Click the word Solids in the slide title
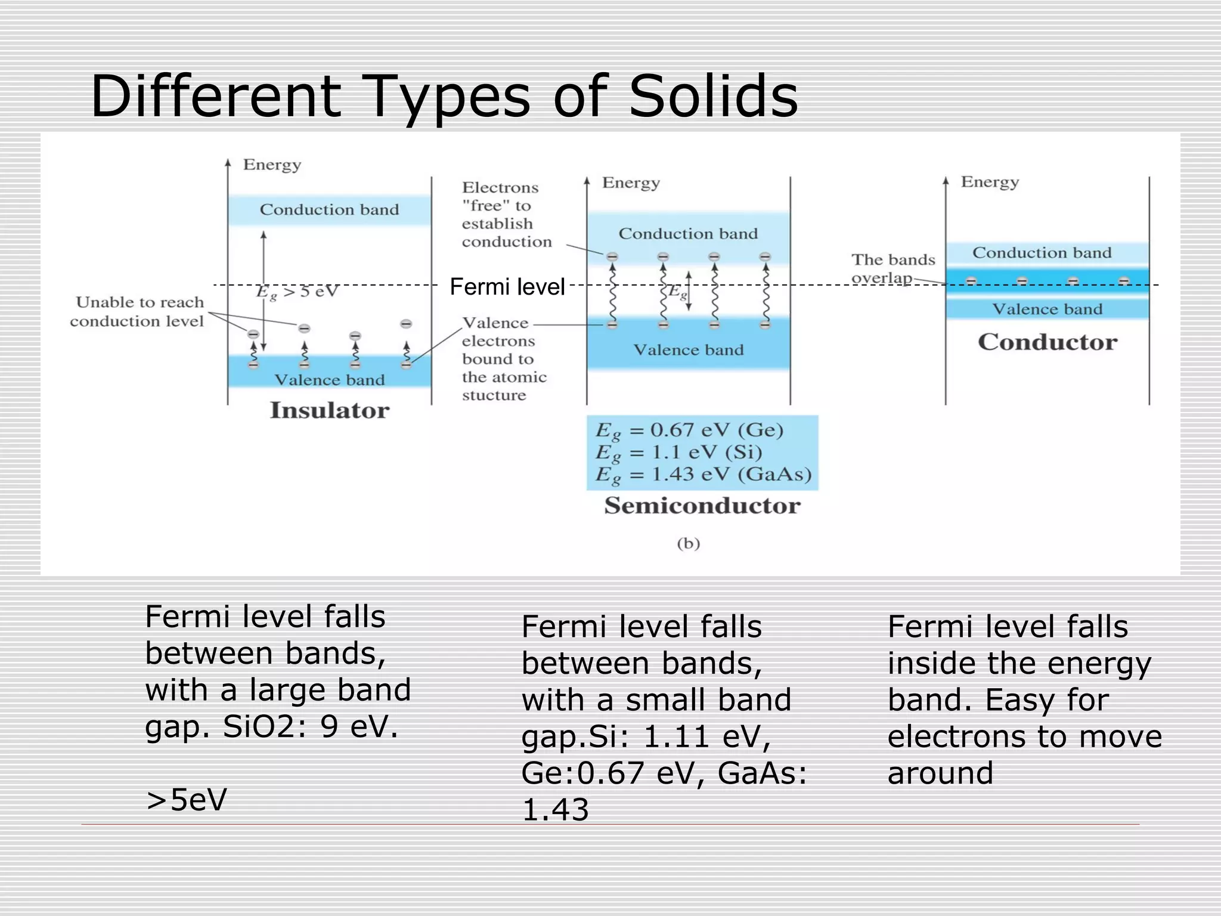click(713, 97)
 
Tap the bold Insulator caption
click(329, 410)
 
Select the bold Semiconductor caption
click(702, 506)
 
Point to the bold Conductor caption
click(1047, 342)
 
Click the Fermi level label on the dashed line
click(507, 287)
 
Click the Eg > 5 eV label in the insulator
click(297, 292)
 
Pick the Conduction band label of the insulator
click(329, 210)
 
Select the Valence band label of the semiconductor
click(688, 350)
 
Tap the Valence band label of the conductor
click(1047, 309)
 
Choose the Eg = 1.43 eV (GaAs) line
click(702, 475)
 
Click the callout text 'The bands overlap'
click(892, 269)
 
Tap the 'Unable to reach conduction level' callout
click(138, 312)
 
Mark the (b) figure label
click(688, 543)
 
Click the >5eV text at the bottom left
click(187, 800)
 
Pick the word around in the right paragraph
click(940, 773)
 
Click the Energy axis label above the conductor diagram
click(990, 182)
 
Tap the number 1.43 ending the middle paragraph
click(555, 810)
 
